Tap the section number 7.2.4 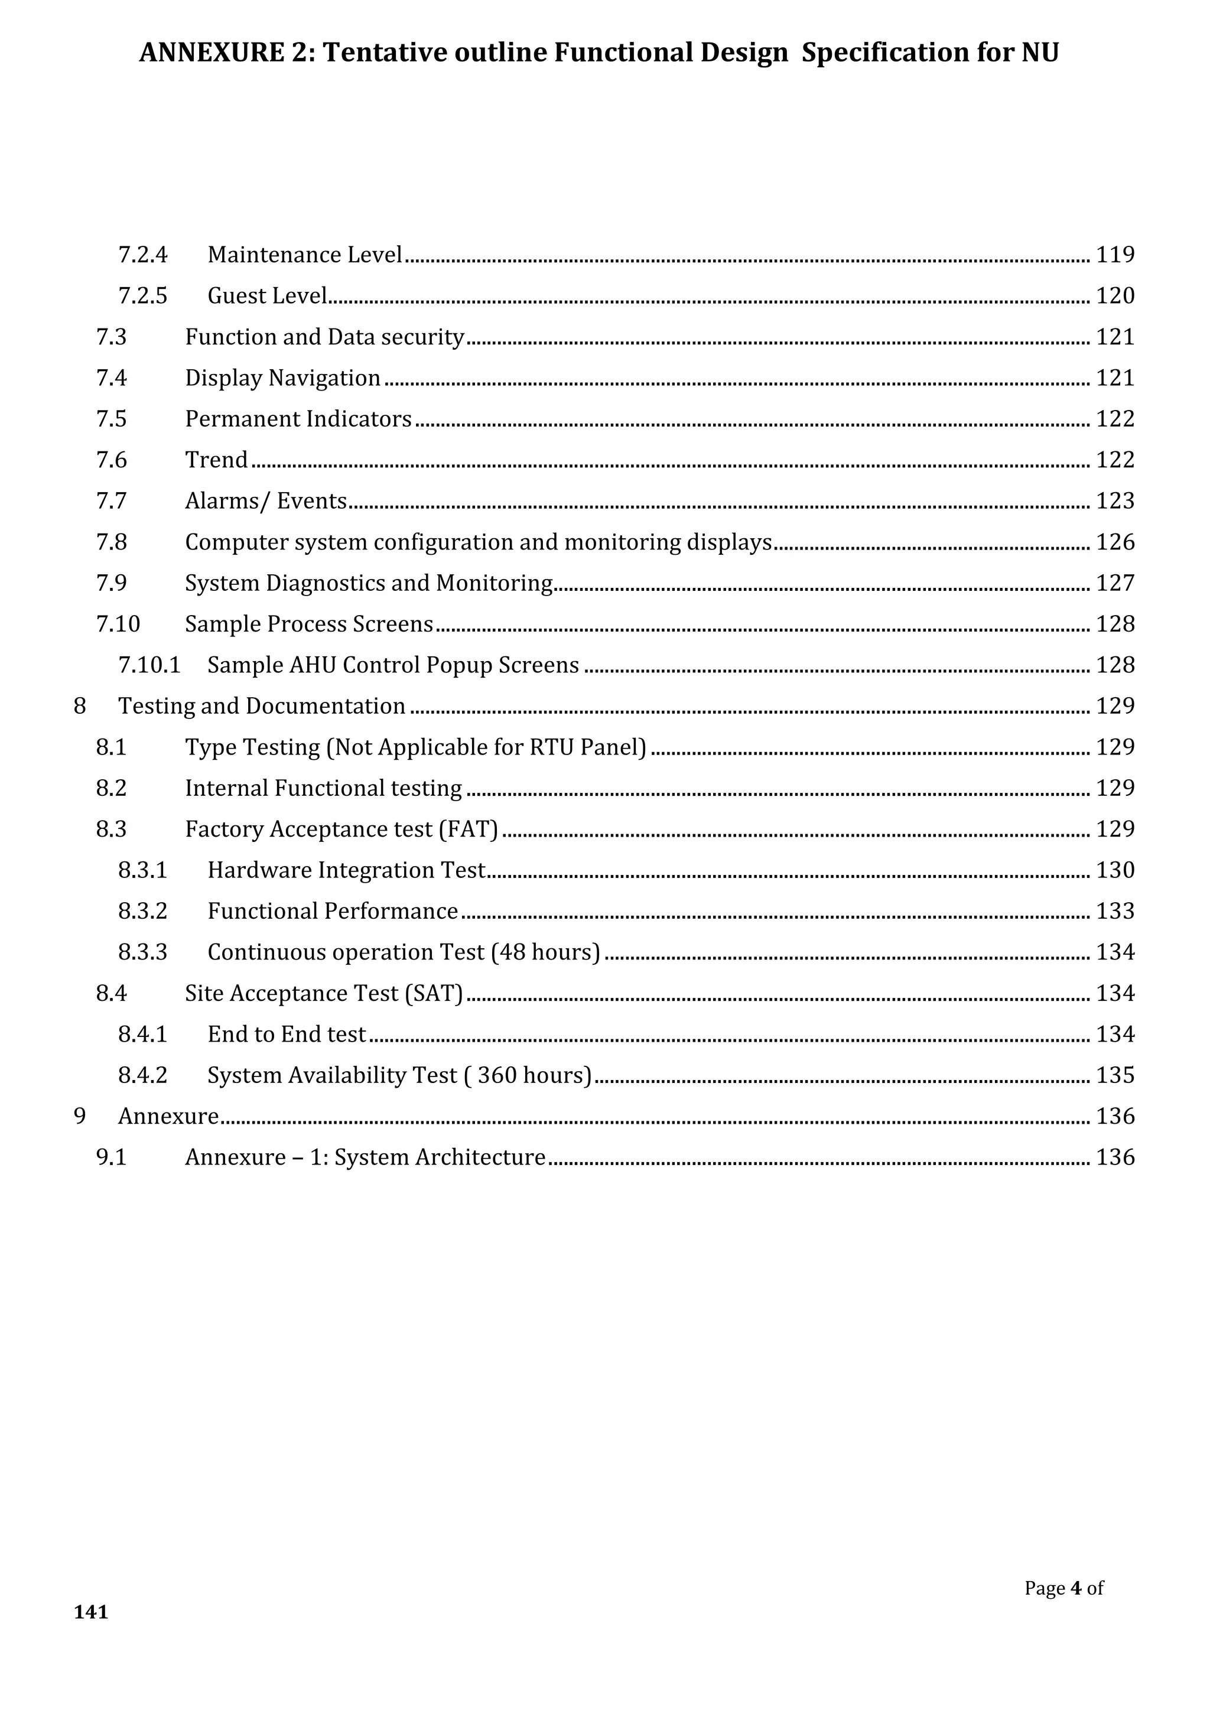[x=142, y=255]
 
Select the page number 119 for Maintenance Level [x=1115, y=255]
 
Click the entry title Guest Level [x=266, y=296]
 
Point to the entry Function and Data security [x=324, y=337]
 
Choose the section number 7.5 [x=111, y=419]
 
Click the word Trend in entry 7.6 [x=216, y=460]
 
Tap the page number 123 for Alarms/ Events [x=1115, y=501]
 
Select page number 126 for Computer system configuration [x=1115, y=542]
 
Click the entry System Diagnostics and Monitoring [x=369, y=583]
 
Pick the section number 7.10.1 [x=149, y=665]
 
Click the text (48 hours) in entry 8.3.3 [x=545, y=952]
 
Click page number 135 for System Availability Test [x=1115, y=1075]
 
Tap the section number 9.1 [x=111, y=1157]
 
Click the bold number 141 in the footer [x=91, y=1612]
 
